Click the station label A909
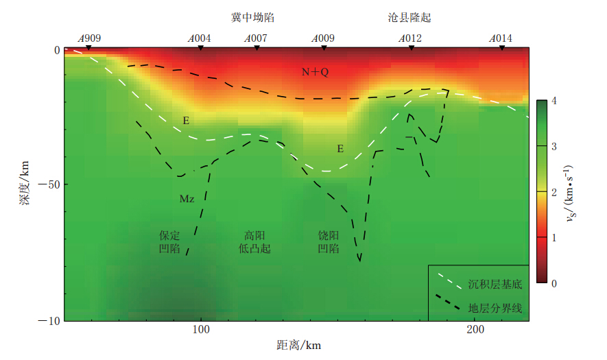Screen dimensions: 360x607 click(x=90, y=38)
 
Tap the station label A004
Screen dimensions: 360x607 click(x=200, y=38)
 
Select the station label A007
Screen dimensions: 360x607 click(x=256, y=38)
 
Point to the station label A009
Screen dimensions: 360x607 click(x=323, y=38)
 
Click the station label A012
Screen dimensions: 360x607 click(x=410, y=38)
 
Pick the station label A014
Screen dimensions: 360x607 click(x=501, y=38)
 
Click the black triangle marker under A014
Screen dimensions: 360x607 click(x=501, y=47)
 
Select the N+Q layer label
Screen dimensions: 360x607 click(x=316, y=72)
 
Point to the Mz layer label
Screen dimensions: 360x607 click(x=187, y=199)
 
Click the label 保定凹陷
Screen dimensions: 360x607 click(x=169, y=241)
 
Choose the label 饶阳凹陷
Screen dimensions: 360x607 click(x=329, y=241)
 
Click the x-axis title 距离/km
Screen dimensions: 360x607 click(x=299, y=345)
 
